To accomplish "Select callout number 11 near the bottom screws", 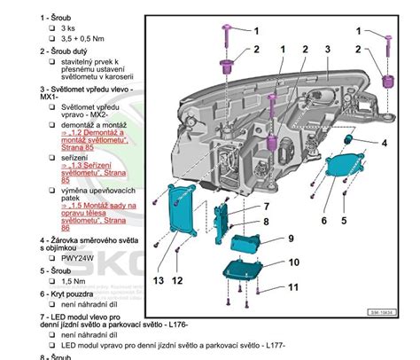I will click(293, 287).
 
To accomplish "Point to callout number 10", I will click(293, 262).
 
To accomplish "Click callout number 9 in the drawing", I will click(289, 238).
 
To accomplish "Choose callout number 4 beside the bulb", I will click(384, 143).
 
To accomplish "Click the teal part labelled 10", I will click(244, 268).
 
